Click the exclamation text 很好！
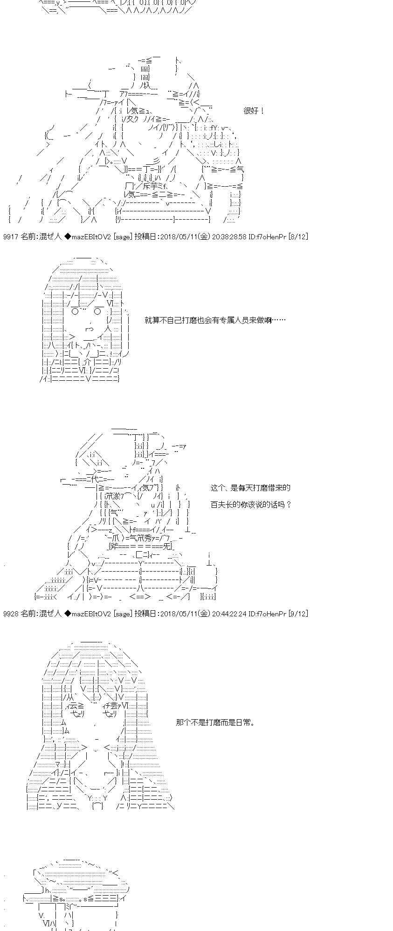coord(254,111)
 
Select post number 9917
coord(10,236)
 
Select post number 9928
coord(10,614)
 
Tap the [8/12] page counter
coord(298,236)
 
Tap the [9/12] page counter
coord(298,614)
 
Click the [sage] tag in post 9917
coord(123,236)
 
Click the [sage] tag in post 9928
coord(123,614)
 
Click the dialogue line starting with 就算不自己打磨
coord(215,320)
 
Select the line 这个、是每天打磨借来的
coord(250,487)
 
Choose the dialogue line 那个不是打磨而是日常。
coord(215,722)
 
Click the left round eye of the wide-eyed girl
coord(75,311)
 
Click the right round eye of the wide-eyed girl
coord(98,311)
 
